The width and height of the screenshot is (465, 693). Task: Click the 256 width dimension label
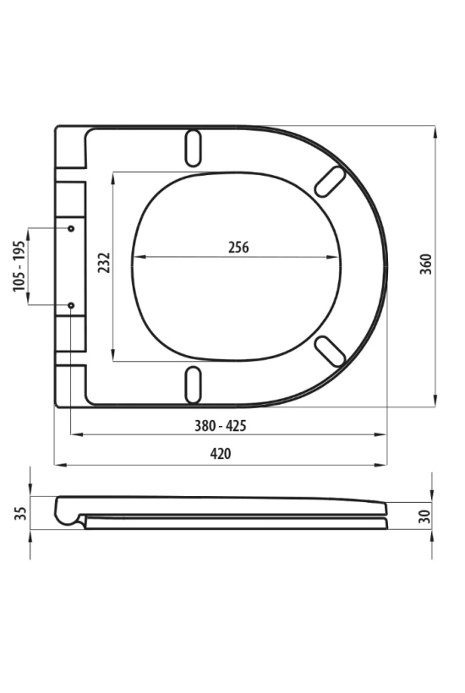pyautogui.click(x=238, y=247)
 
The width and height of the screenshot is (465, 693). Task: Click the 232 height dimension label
pyautogui.click(x=104, y=263)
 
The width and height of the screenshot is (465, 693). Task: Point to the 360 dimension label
pyautogui.click(x=425, y=265)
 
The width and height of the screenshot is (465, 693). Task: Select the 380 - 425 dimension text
pyautogui.click(x=220, y=426)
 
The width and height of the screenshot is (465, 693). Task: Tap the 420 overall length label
pyautogui.click(x=220, y=454)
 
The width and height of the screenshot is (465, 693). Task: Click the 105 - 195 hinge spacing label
pyautogui.click(x=19, y=266)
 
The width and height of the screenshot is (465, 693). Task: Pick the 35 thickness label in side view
pyautogui.click(x=20, y=513)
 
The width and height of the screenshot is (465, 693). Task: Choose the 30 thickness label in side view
pyautogui.click(x=424, y=516)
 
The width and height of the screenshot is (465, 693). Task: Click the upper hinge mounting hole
pyautogui.click(x=71, y=228)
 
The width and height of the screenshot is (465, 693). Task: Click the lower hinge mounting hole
pyautogui.click(x=71, y=305)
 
